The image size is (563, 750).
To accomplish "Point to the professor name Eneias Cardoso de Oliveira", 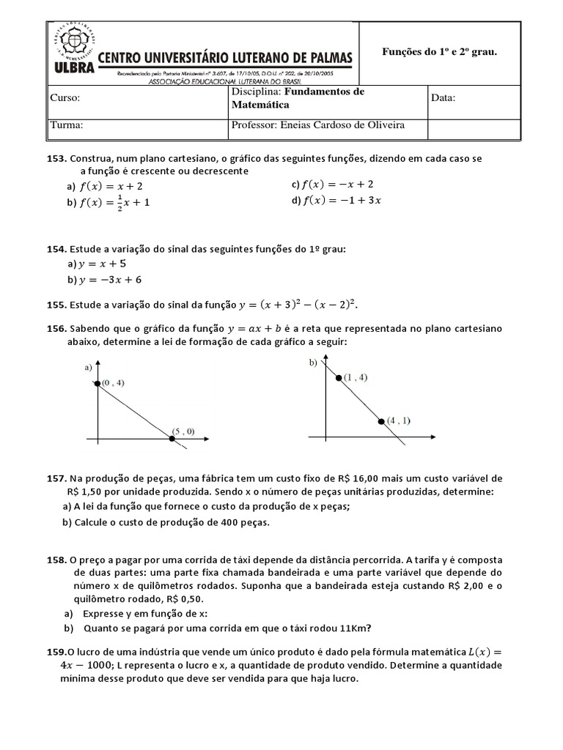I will pyautogui.click(x=342, y=125).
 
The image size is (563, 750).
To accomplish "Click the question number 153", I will pyautogui.click(x=57, y=159).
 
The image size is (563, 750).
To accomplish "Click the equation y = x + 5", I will pyautogui.click(x=103, y=264).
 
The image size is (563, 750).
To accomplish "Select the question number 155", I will pyautogui.click(x=57, y=305).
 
